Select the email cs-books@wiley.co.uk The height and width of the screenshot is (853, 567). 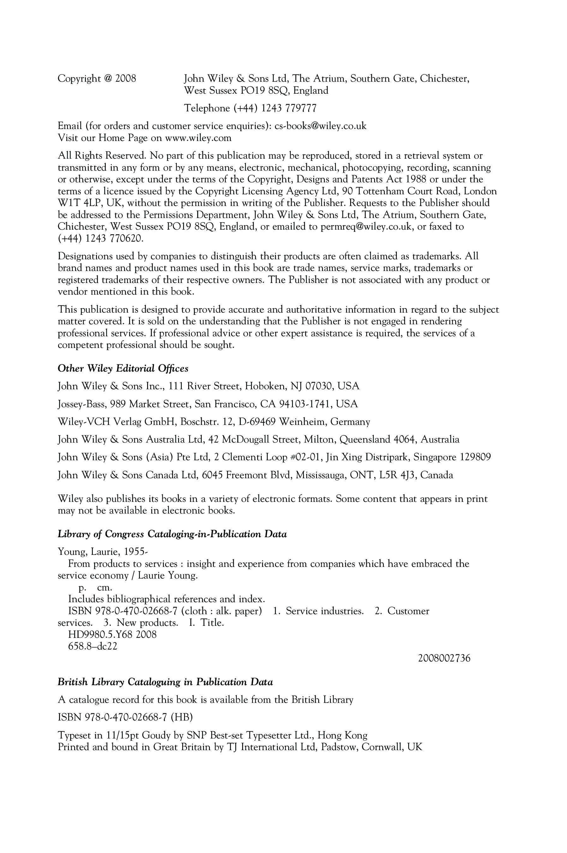pyautogui.click(x=320, y=126)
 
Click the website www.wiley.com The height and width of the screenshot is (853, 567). pyautogui.click(x=198, y=138)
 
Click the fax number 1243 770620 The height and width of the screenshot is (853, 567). pyautogui.click(x=114, y=238)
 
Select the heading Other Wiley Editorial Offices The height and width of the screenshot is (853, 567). pyautogui.click(x=123, y=368)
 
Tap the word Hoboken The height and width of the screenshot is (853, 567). pyautogui.click(x=266, y=386)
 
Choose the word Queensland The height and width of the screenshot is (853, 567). pyautogui.click(x=365, y=439)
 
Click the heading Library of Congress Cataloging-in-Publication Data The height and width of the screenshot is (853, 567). pyautogui.click(x=172, y=534)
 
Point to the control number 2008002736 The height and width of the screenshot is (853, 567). pyautogui.click(x=444, y=658)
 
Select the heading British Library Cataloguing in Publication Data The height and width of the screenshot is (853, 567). pyautogui.click(x=165, y=682)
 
